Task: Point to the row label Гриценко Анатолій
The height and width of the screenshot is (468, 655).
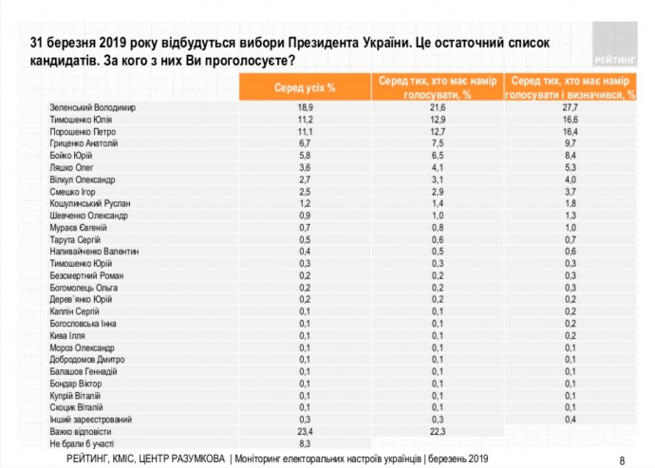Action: coord(83,143)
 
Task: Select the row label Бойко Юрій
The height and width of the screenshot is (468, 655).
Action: coord(70,155)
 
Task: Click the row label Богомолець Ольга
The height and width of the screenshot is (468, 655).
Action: coord(84,287)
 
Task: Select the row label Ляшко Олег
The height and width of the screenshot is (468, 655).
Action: coord(71,165)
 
